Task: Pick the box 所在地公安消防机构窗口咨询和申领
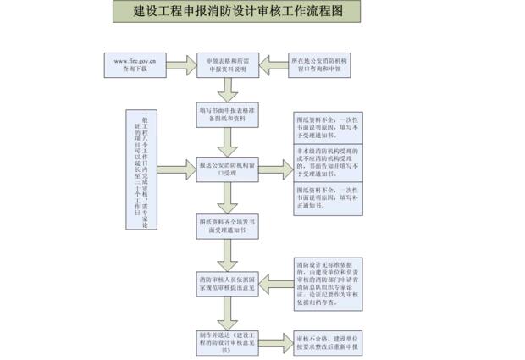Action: [x=319, y=64]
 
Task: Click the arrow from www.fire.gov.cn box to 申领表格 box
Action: [x=180, y=64]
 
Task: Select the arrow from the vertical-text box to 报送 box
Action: [x=176, y=167]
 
